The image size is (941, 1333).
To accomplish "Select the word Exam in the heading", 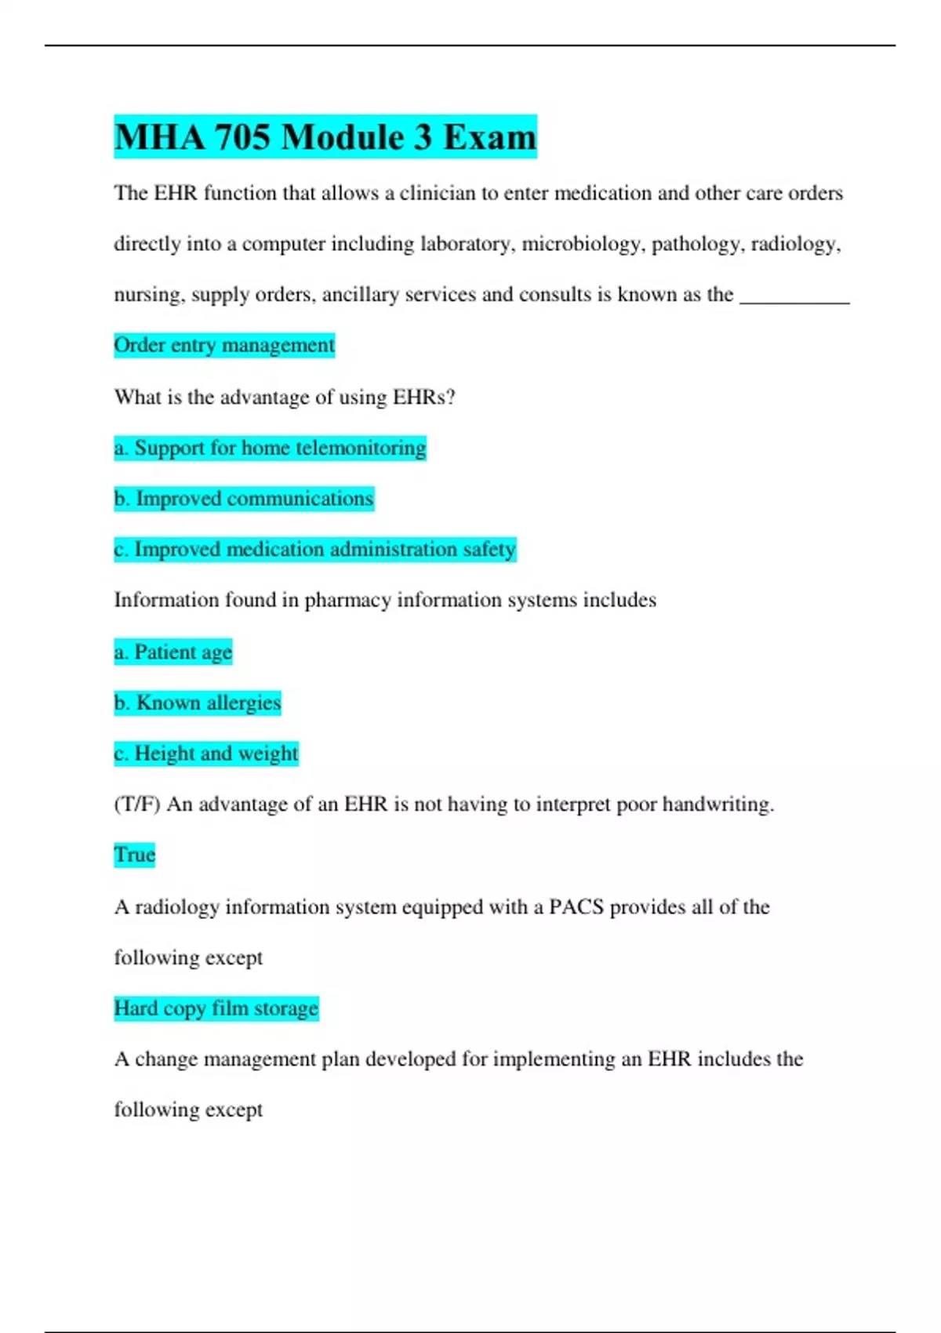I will click(x=489, y=137).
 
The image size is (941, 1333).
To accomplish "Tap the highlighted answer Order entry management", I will click(x=224, y=345).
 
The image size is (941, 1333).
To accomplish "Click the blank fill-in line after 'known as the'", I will click(x=794, y=296).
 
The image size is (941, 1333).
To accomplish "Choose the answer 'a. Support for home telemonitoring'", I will click(x=270, y=448).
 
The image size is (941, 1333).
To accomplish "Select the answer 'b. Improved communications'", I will click(x=244, y=499).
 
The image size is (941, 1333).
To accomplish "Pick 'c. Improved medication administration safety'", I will click(x=314, y=549).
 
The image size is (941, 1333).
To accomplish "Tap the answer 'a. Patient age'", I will click(x=173, y=652).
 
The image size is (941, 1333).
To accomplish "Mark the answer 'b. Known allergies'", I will click(x=198, y=703).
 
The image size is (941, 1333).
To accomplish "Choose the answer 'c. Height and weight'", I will click(x=206, y=754).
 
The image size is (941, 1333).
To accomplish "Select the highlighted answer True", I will click(x=135, y=855).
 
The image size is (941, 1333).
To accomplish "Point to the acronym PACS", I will click(x=576, y=907).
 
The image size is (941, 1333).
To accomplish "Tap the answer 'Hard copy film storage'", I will click(x=216, y=1008).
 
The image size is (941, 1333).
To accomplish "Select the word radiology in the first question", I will click(x=795, y=244).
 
